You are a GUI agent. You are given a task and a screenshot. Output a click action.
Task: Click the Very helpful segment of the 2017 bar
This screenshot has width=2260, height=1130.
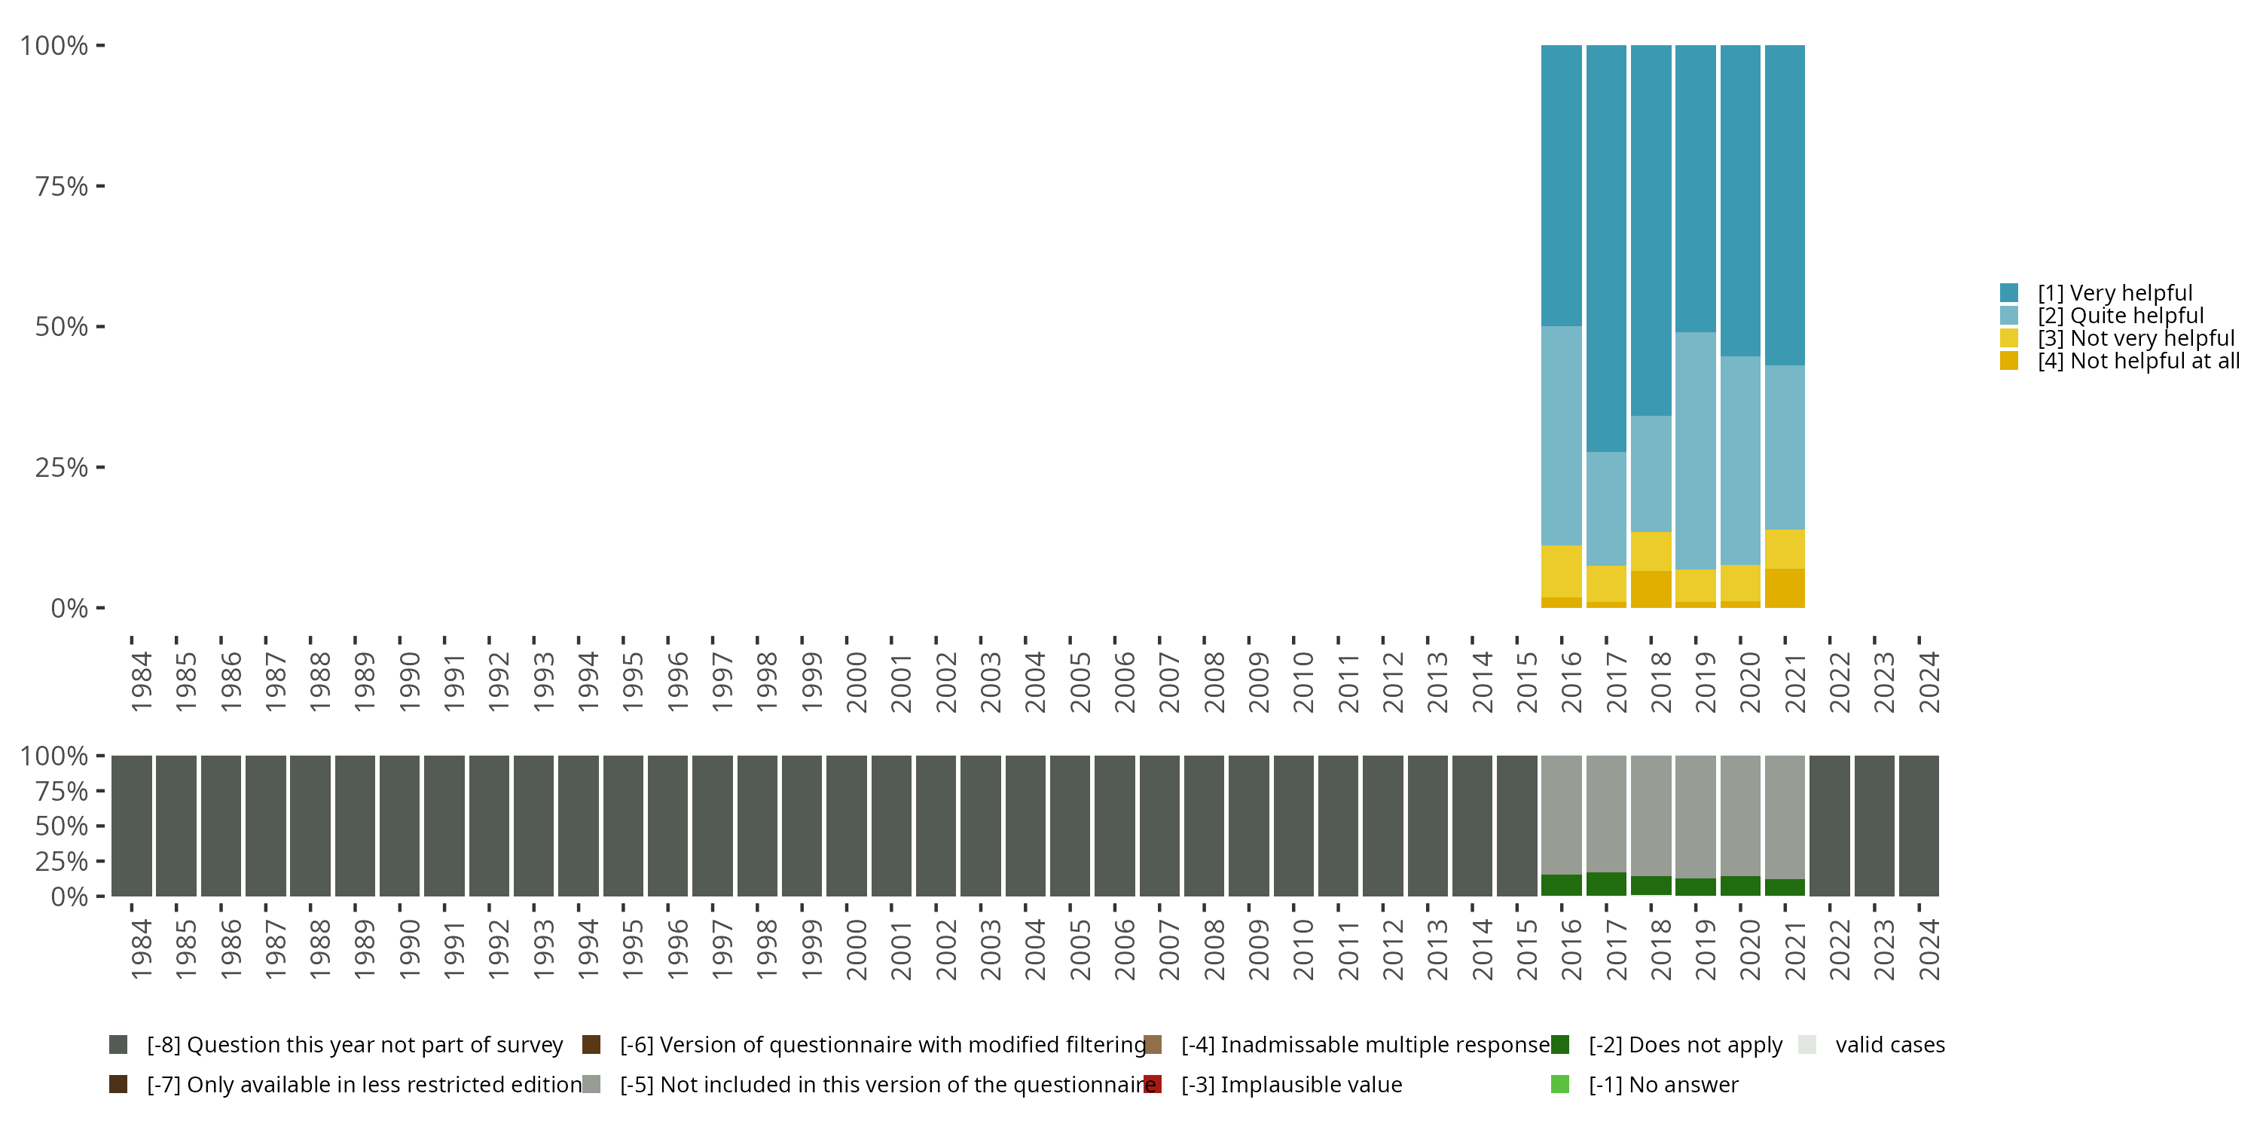[1605, 249]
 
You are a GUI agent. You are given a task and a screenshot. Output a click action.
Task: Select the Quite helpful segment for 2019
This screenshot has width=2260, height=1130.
[1695, 451]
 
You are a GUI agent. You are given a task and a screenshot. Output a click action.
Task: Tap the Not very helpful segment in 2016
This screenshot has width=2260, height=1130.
[1561, 571]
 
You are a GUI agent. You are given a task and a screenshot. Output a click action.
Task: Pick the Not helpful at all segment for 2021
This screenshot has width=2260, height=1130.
[1785, 588]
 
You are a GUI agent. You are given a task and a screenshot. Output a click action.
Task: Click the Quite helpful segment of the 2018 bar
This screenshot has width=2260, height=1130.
[1651, 474]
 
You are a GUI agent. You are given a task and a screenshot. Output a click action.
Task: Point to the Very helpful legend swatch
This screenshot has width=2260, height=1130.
[2009, 292]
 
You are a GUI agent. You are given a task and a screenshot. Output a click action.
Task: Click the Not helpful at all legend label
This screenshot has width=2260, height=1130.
[2138, 361]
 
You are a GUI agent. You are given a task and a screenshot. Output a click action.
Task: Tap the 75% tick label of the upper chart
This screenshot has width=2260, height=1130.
[62, 186]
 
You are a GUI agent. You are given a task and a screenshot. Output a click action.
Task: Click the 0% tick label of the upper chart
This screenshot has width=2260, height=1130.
[69, 608]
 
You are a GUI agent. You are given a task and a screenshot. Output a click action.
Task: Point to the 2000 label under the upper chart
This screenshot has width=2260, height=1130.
[857, 682]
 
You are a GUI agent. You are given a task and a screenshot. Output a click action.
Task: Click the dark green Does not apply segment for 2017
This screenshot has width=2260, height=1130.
[1605, 884]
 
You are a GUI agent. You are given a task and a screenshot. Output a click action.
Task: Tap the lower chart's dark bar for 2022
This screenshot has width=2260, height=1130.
[1829, 826]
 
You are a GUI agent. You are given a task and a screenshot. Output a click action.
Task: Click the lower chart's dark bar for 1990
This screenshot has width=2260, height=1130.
[399, 826]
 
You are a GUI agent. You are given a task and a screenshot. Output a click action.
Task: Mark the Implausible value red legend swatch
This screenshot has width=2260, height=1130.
[1153, 1084]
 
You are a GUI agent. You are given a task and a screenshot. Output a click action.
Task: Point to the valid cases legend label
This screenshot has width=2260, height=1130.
[1890, 1045]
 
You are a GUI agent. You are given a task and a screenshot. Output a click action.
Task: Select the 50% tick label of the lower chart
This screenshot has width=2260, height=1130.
[62, 826]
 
